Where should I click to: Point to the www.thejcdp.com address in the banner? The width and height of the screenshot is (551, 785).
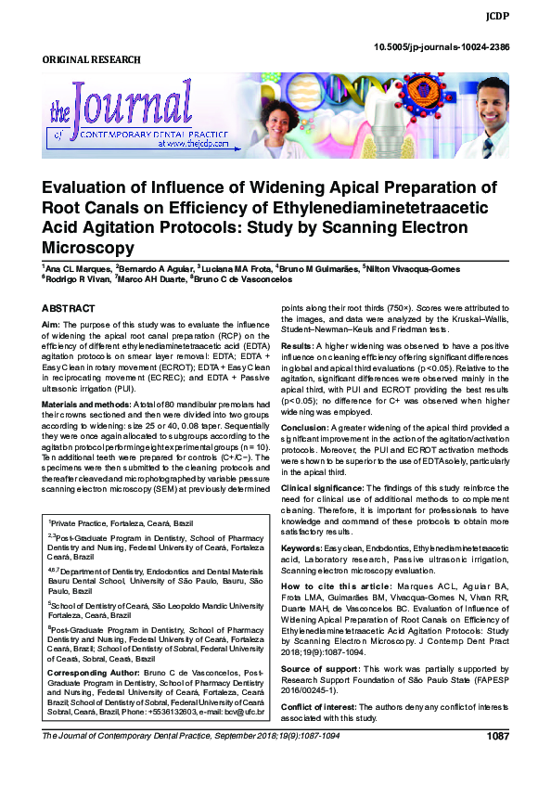[193, 146]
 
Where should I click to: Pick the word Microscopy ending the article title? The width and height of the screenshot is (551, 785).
[89, 248]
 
